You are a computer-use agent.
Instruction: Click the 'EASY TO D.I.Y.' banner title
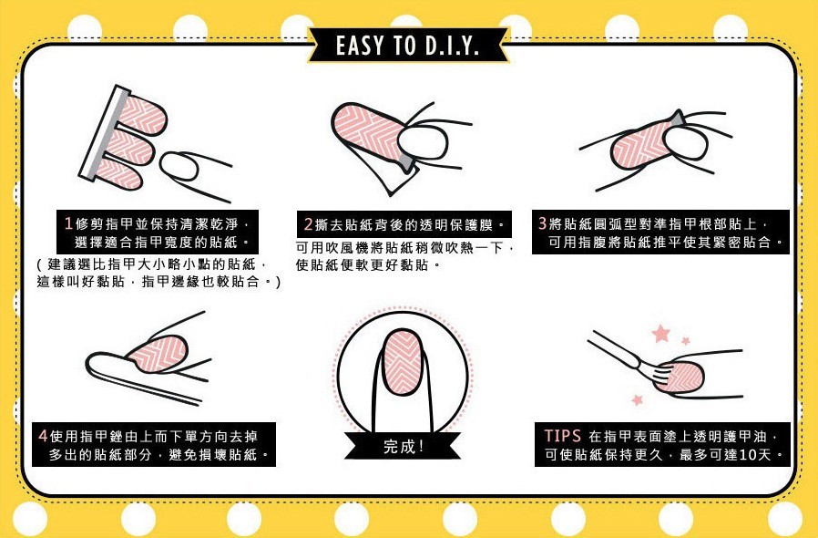click(x=407, y=46)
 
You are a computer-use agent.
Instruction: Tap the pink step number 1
click(x=67, y=224)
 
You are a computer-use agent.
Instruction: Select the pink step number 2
click(x=308, y=224)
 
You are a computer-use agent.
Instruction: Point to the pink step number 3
click(x=543, y=223)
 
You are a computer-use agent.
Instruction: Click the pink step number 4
click(x=43, y=436)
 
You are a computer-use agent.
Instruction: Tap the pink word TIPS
click(x=562, y=436)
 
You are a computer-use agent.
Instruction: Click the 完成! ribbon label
click(x=404, y=447)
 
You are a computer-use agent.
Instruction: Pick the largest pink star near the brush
click(x=660, y=333)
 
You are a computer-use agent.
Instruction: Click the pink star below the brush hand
click(x=637, y=399)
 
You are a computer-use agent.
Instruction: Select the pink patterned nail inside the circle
click(x=403, y=362)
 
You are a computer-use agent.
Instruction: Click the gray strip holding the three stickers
click(x=103, y=134)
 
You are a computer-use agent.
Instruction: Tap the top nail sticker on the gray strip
click(x=142, y=116)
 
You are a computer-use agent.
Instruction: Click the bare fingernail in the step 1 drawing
click(x=179, y=166)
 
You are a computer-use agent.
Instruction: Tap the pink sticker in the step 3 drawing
click(x=639, y=144)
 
